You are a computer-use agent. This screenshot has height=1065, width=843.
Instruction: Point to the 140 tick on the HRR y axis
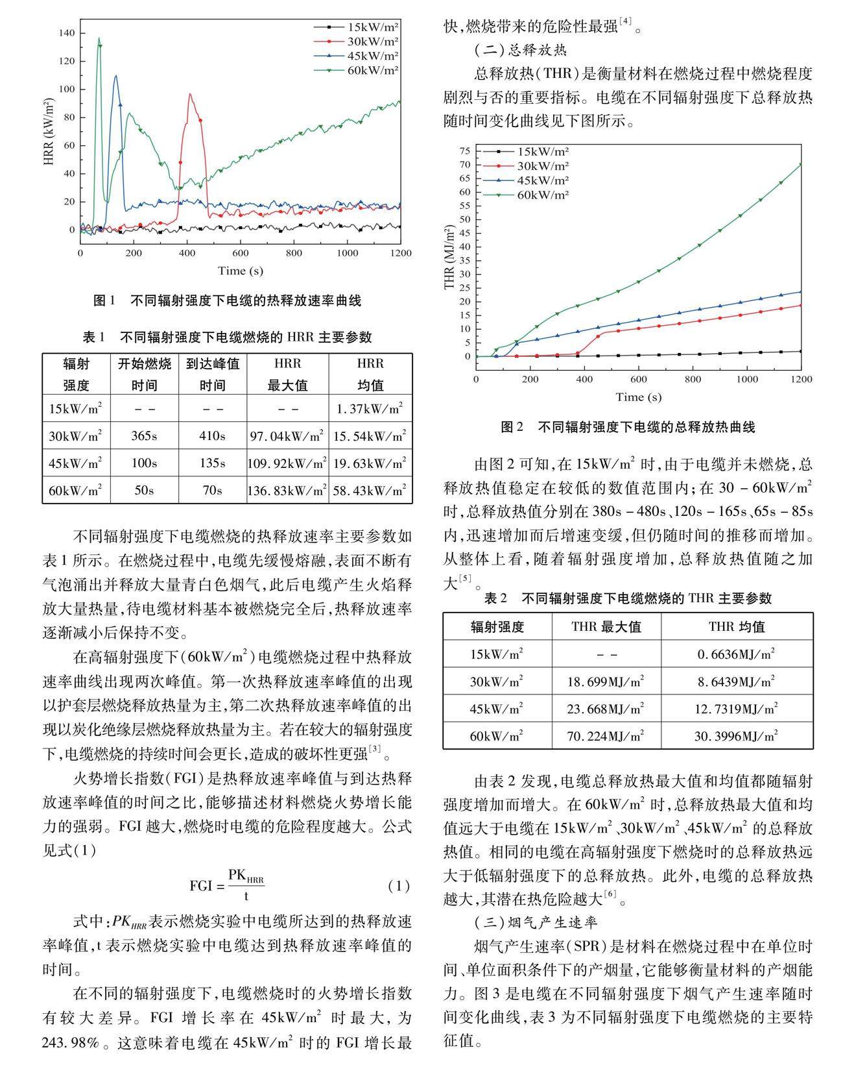point(67,33)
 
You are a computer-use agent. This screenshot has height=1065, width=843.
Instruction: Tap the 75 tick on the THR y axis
point(464,151)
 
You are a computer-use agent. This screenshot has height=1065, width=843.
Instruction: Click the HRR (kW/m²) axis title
point(49,132)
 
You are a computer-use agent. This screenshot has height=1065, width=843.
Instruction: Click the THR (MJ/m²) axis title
point(449,258)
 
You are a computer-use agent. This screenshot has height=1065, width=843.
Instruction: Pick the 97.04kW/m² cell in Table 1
point(287,436)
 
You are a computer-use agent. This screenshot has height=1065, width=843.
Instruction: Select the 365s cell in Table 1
point(144,436)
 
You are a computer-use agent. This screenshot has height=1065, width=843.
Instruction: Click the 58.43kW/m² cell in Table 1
point(370,491)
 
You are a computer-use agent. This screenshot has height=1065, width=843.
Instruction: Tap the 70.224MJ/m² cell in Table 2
point(606,736)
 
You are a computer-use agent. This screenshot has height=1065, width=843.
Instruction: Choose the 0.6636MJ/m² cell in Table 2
point(737,654)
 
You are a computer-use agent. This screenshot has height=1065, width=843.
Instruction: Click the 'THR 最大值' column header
point(606,627)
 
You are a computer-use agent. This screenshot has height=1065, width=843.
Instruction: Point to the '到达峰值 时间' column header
point(212,374)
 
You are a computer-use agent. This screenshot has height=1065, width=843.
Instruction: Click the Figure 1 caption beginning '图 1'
point(227,300)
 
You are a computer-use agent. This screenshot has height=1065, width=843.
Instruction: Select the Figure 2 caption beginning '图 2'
point(628,427)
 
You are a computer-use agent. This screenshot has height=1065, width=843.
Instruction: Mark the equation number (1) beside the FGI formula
point(399,886)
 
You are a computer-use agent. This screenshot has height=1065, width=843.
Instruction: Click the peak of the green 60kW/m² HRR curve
point(99,38)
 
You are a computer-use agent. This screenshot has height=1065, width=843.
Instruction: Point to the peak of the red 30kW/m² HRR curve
point(190,94)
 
